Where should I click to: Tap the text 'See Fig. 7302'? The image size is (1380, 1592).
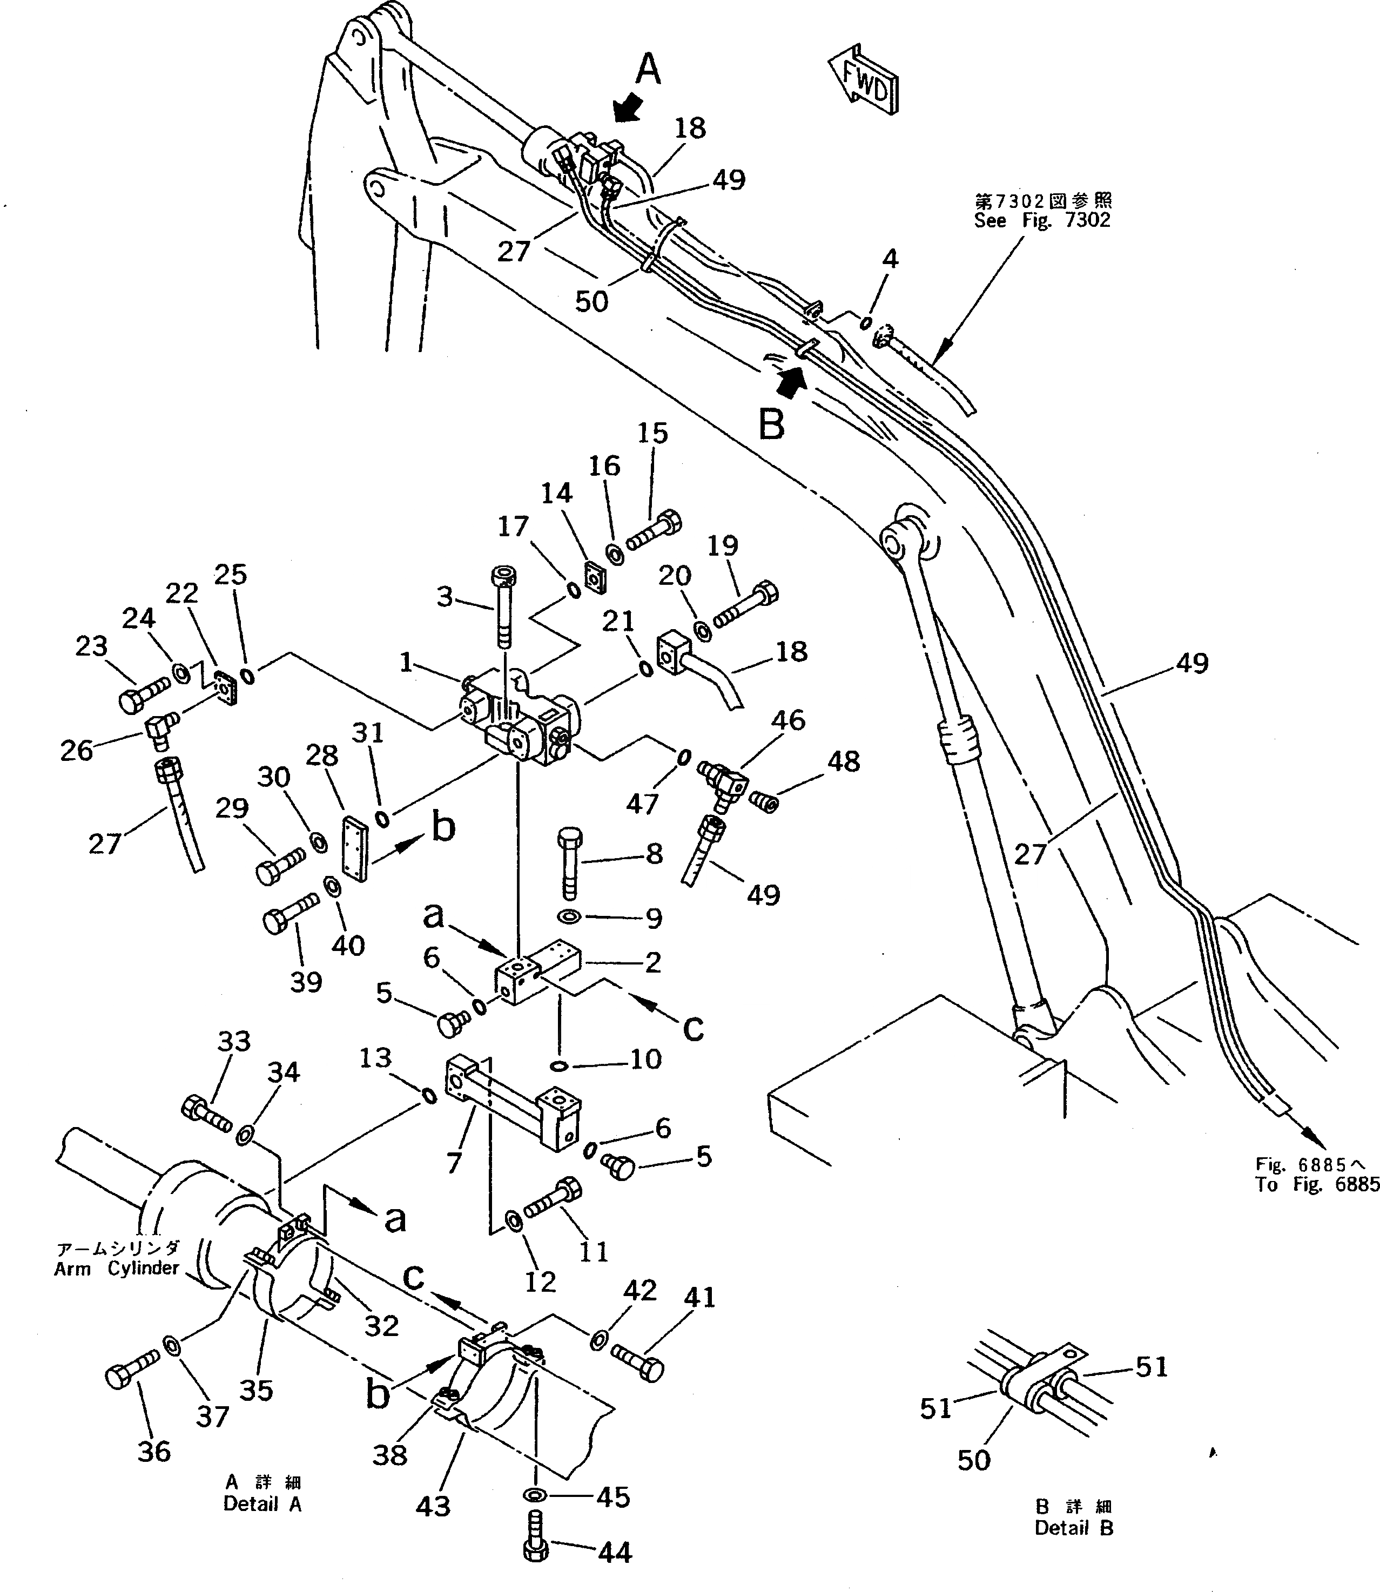coord(1041,221)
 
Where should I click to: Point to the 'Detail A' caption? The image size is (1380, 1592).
coord(262,1504)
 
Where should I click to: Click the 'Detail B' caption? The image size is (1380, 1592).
coord(1074,1529)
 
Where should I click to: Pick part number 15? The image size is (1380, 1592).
coord(652,434)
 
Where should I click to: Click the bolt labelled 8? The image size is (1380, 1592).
coord(570,863)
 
